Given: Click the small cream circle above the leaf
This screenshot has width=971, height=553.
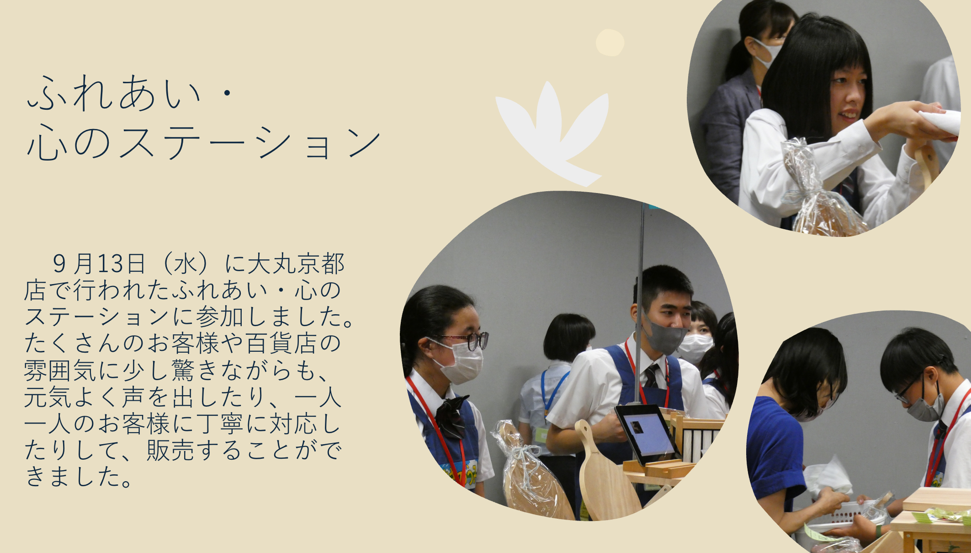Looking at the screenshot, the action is point(610,43).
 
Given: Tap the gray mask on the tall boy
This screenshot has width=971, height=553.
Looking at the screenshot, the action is point(664,336).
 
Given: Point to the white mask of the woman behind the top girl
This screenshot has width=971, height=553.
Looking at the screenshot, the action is point(768,53).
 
